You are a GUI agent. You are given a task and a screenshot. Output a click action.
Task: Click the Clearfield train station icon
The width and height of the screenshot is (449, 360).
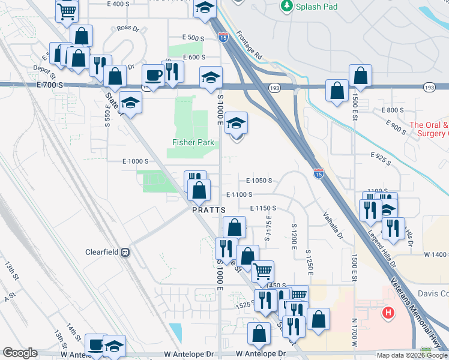point(125,253)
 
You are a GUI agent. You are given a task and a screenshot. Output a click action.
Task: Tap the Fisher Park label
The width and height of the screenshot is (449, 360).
point(190,142)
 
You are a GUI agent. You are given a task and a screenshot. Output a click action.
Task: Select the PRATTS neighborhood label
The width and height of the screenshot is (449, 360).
point(208,211)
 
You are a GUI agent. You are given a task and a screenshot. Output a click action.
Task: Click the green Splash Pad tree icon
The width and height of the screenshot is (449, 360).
point(286,6)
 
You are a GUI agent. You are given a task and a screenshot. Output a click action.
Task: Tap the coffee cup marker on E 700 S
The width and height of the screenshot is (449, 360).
point(152,76)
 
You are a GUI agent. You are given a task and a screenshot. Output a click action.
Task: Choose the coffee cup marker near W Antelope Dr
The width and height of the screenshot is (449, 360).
point(96,345)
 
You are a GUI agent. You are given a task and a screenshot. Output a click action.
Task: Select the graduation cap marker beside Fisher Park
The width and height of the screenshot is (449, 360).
point(237,124)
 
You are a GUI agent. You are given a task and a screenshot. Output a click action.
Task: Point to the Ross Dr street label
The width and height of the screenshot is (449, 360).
point(128,28)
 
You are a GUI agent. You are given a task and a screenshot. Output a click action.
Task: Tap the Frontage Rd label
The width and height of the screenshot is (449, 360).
point(249,44)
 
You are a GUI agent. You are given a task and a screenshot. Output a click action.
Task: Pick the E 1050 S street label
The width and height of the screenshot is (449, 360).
point(259,180)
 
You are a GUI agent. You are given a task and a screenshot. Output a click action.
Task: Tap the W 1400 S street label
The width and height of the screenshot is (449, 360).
point(436,255)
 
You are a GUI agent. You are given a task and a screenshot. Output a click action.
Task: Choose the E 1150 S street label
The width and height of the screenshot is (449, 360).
point(262,208)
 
